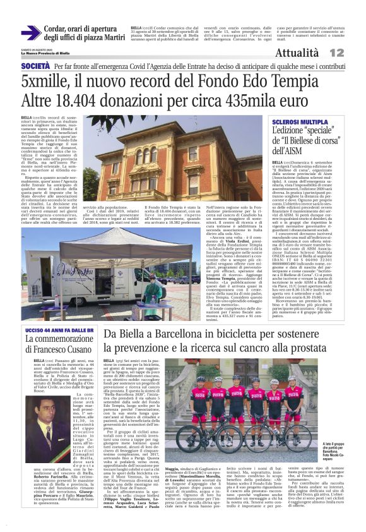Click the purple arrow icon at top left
30,33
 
